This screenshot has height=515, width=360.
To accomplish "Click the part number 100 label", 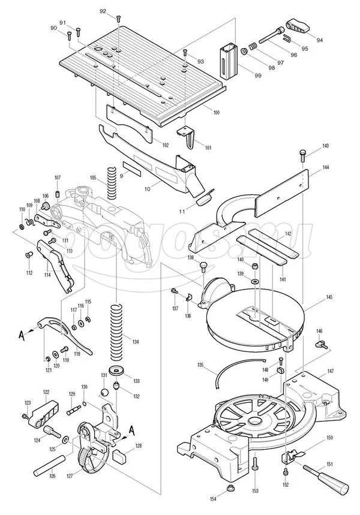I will pos(215,113).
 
